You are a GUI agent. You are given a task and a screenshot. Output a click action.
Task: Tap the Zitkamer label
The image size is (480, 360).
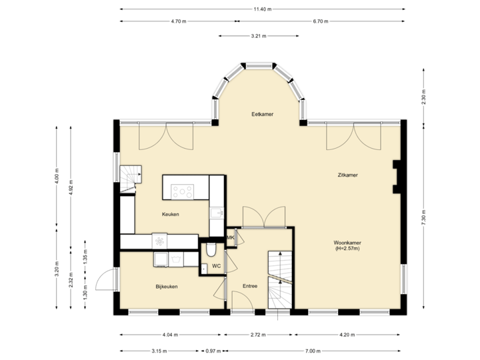point(347,175)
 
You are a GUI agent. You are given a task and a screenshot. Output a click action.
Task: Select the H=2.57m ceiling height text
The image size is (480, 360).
point(347,249)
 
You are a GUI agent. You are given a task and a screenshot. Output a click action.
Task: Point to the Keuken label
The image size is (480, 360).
point(171,214)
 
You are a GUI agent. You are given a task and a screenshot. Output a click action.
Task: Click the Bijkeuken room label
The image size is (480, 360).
point(166,287)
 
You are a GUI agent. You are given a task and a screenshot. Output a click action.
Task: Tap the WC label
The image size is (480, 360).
point(216,266)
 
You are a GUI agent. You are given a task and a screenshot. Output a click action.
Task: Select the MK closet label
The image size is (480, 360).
point(231,238)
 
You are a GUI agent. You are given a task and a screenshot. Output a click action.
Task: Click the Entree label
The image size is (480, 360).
point(250,287)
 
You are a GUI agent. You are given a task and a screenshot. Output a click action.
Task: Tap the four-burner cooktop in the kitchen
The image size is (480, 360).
point(183,192)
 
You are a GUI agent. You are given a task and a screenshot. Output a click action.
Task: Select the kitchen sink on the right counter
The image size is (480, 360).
point(216,213)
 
